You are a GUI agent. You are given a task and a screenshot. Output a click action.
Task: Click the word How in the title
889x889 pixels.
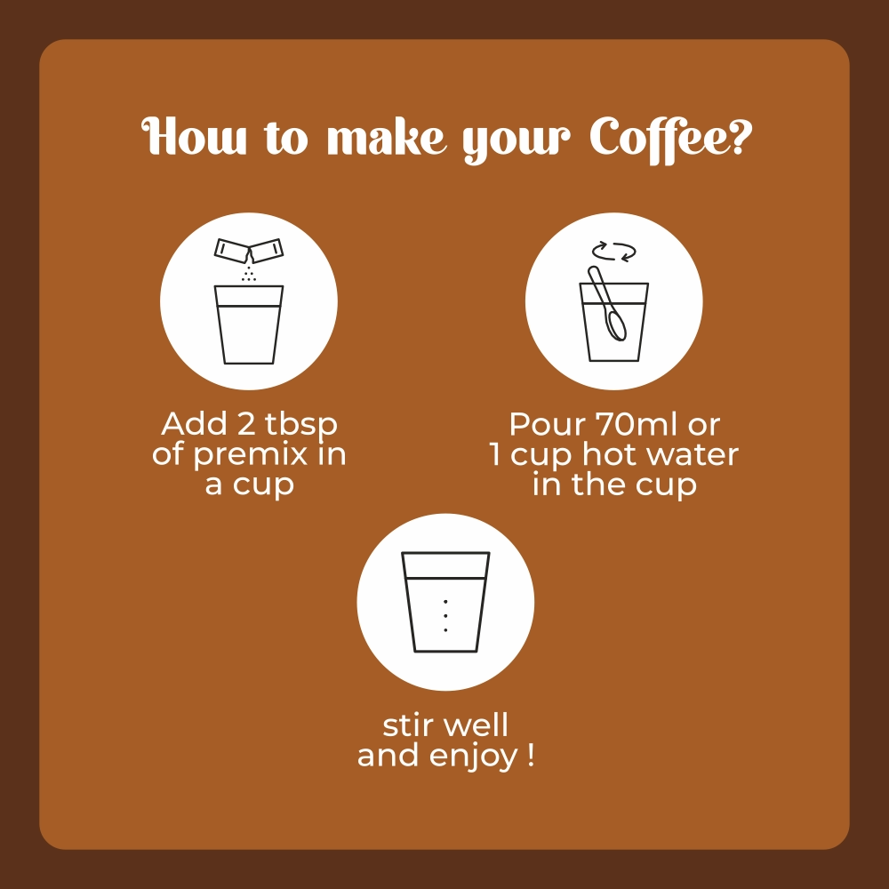(193, 137)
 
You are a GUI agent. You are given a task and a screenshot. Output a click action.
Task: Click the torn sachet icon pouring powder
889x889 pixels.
(248, 252)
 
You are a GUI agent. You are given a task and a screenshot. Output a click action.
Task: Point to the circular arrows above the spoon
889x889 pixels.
(613, 252)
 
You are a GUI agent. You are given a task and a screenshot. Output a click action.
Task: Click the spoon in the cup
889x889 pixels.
(606, 304)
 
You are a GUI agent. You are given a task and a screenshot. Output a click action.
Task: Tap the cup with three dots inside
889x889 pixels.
(445, 602)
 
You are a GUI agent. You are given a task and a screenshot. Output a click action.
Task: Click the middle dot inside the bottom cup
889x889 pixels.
(445, 616)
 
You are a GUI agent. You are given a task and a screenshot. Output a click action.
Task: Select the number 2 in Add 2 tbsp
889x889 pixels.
(246, 424)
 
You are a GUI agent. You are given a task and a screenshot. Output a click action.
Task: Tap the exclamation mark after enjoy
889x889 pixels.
(530, 755)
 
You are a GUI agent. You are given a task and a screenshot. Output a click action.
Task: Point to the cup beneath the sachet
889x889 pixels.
(248, 324)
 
